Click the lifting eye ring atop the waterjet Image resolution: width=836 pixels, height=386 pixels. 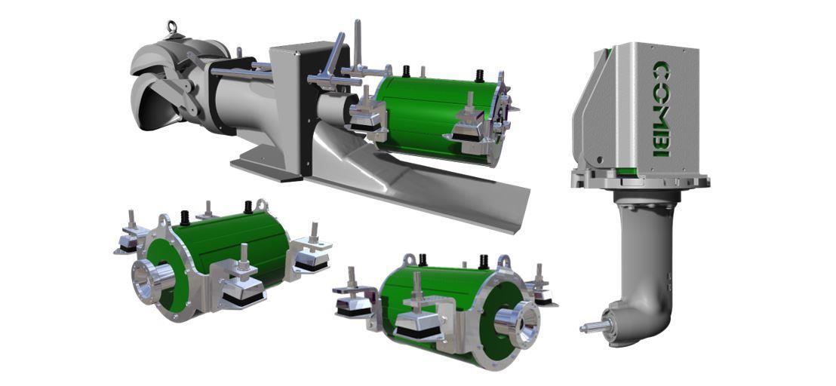click(171, 26)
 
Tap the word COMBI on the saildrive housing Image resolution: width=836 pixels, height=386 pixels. click(661, 109)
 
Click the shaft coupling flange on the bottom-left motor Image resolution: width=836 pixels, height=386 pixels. click(151, 280)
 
